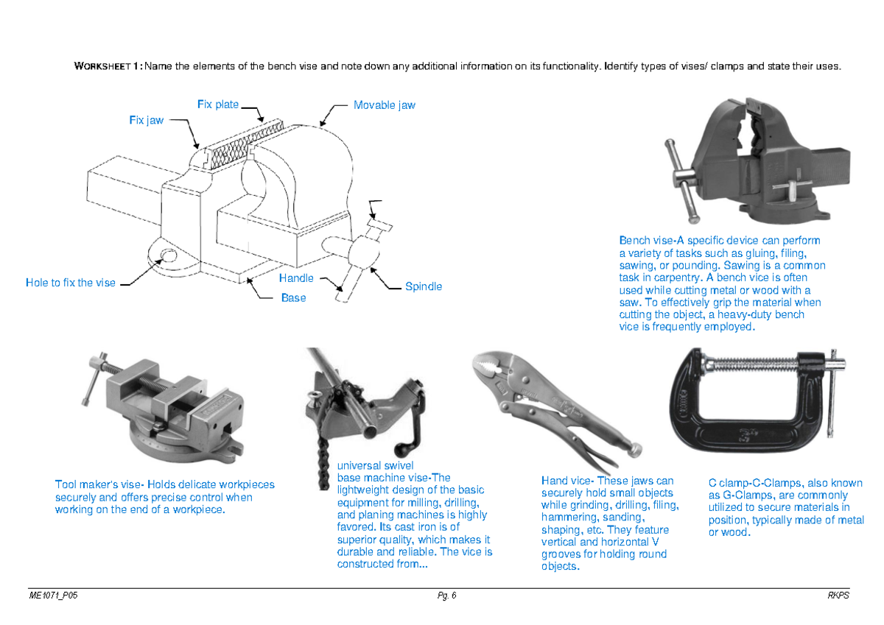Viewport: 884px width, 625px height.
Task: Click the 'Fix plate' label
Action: pos(218,105)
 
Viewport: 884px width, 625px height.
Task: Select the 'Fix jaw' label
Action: pos(147,120)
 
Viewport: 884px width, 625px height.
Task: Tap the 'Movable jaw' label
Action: pos(384,105)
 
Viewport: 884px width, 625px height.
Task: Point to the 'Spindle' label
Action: pos(424,286)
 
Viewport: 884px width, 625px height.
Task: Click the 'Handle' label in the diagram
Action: pos(296,278)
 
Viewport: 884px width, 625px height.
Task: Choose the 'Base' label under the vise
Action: pos(293,298)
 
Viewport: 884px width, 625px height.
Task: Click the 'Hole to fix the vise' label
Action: pos(71,283)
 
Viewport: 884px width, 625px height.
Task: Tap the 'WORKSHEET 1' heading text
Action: pos(108,67)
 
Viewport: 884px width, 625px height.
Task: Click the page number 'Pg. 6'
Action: pos(446,596)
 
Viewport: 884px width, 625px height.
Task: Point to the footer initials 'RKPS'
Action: pos(838,596)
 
